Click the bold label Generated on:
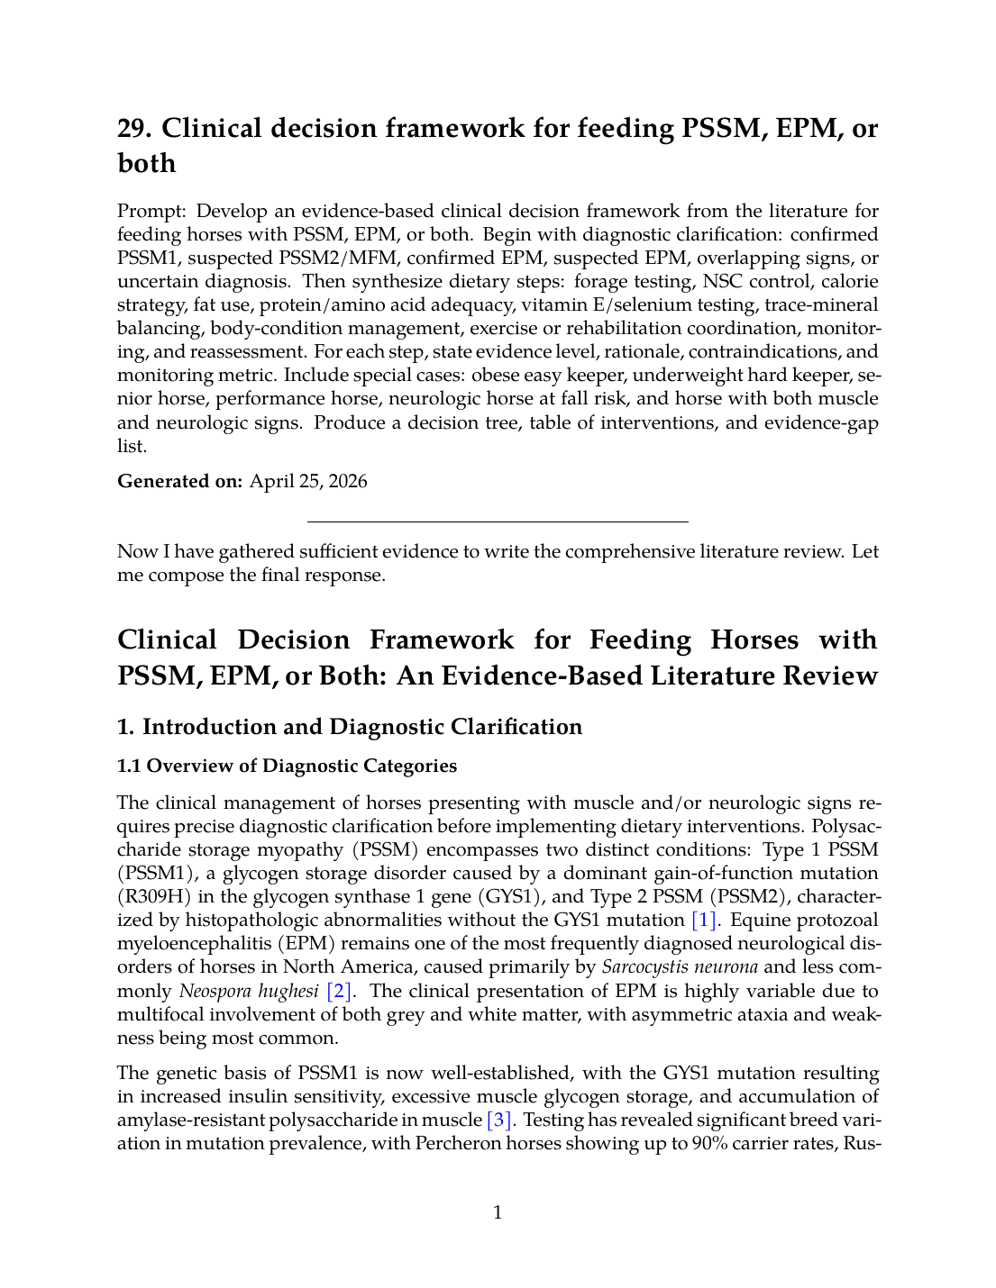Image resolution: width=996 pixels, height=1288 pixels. point(179,481)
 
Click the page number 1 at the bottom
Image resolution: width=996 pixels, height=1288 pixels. point(498,1213)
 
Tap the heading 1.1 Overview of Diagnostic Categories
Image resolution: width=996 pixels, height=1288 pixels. point(287,766)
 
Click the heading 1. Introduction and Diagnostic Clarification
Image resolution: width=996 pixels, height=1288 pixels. point(350,727)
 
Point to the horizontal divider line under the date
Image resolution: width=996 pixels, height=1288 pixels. point(498,522)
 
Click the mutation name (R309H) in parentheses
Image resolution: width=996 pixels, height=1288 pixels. point(151,897)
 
